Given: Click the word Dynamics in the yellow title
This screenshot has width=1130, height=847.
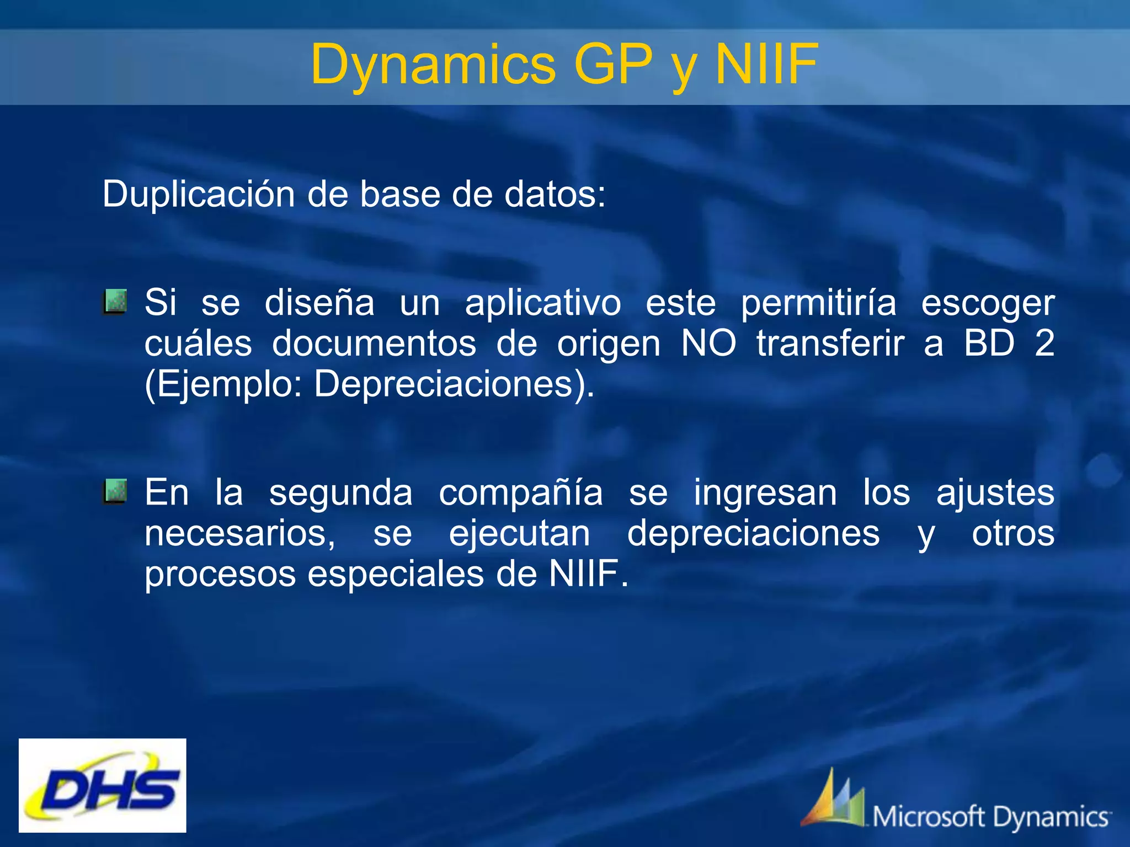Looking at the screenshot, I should pyautogui.click(x=433, y=65).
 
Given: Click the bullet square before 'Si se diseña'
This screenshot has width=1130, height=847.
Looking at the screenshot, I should pyautogui.click(x=115, y=302).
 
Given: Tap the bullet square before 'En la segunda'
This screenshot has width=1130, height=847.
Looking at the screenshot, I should pyautogui.click(x=115, y=491).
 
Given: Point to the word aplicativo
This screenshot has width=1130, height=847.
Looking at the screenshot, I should pyautogui.click(x=542, y=303).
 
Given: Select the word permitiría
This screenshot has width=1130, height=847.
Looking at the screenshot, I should pyautogui.click(x=818, y=303).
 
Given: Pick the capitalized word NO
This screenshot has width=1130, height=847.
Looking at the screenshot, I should pyautogui.click(x=708, y=343).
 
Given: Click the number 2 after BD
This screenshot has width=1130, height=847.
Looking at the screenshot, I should pyautogui.click(x=1044, y=343).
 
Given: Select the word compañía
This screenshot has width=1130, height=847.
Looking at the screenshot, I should pyautogui.click(x=520, y=493).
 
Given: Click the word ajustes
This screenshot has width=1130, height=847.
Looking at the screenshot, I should pyautogui.click(x=995, y=493).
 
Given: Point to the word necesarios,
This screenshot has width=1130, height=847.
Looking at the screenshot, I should pyautogui.click(x=239, y=534).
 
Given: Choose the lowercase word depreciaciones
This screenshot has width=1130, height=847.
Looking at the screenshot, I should pyautogui.click(x=753, y=534).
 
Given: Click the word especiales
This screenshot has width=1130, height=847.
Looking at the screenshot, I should pyautogui.click(x=396, y=574).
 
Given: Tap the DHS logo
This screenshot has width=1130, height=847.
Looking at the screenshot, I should pyautogui.click(x=103, y=785).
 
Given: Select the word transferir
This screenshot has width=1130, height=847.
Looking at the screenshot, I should pyautogui.click(x=830, y=343).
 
